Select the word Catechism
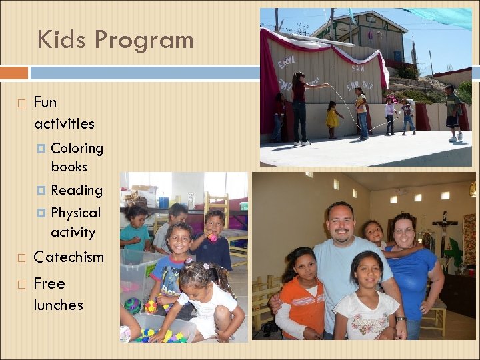69,257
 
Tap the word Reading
77,190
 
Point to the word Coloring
77,148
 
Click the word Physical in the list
75,213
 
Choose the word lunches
58,305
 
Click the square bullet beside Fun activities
21,103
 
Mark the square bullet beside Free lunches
21,285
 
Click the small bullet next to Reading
41,191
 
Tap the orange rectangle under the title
14,72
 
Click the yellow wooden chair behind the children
216,207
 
